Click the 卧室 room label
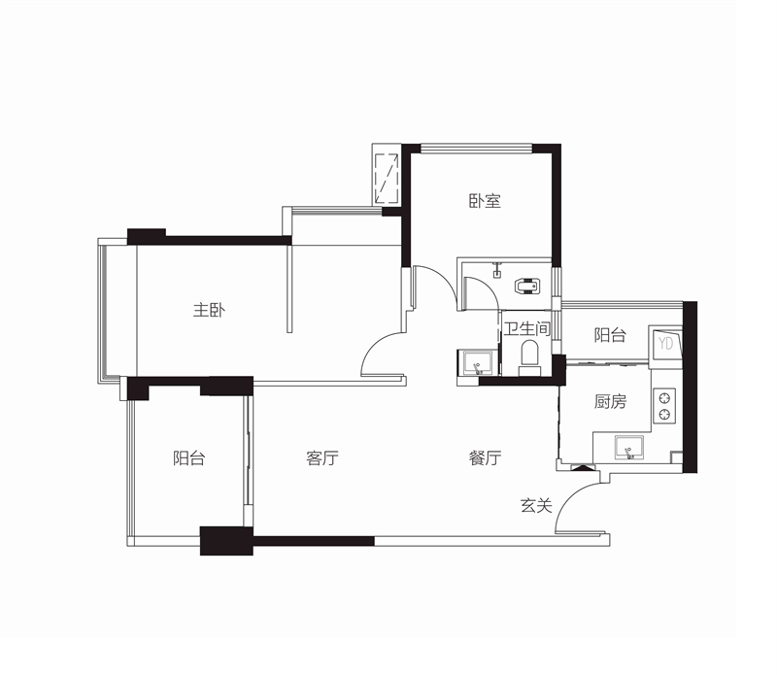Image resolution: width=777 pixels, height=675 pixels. click(485, 201)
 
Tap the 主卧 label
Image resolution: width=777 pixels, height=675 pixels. click(209, 310)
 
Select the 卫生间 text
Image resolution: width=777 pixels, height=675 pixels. click(527, 328)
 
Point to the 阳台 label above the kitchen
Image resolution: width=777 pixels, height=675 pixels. click(610, 335)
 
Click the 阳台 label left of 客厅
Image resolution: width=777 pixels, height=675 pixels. click(188, 457)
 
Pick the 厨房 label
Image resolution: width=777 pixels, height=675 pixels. click(610, 401)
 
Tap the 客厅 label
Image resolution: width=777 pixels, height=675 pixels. click(322, 457)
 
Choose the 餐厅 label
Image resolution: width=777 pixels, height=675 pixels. click(485, 457)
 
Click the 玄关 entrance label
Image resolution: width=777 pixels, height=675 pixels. click(536, 505)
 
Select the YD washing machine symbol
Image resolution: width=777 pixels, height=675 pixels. click(665, 343)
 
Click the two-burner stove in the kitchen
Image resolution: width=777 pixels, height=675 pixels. click(664, 405)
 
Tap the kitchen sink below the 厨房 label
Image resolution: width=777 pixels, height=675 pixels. click(628, 448)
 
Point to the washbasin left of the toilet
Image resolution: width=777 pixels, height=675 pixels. click(476, 363)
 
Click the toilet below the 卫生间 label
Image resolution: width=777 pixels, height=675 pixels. click(529, 355)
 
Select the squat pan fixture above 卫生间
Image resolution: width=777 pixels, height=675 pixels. click(527, 287)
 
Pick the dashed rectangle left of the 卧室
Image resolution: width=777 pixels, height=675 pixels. click(387, 179)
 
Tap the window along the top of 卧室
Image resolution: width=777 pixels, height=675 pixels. click(476, 149)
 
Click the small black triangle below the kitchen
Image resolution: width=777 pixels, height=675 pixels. click(583, 467)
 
